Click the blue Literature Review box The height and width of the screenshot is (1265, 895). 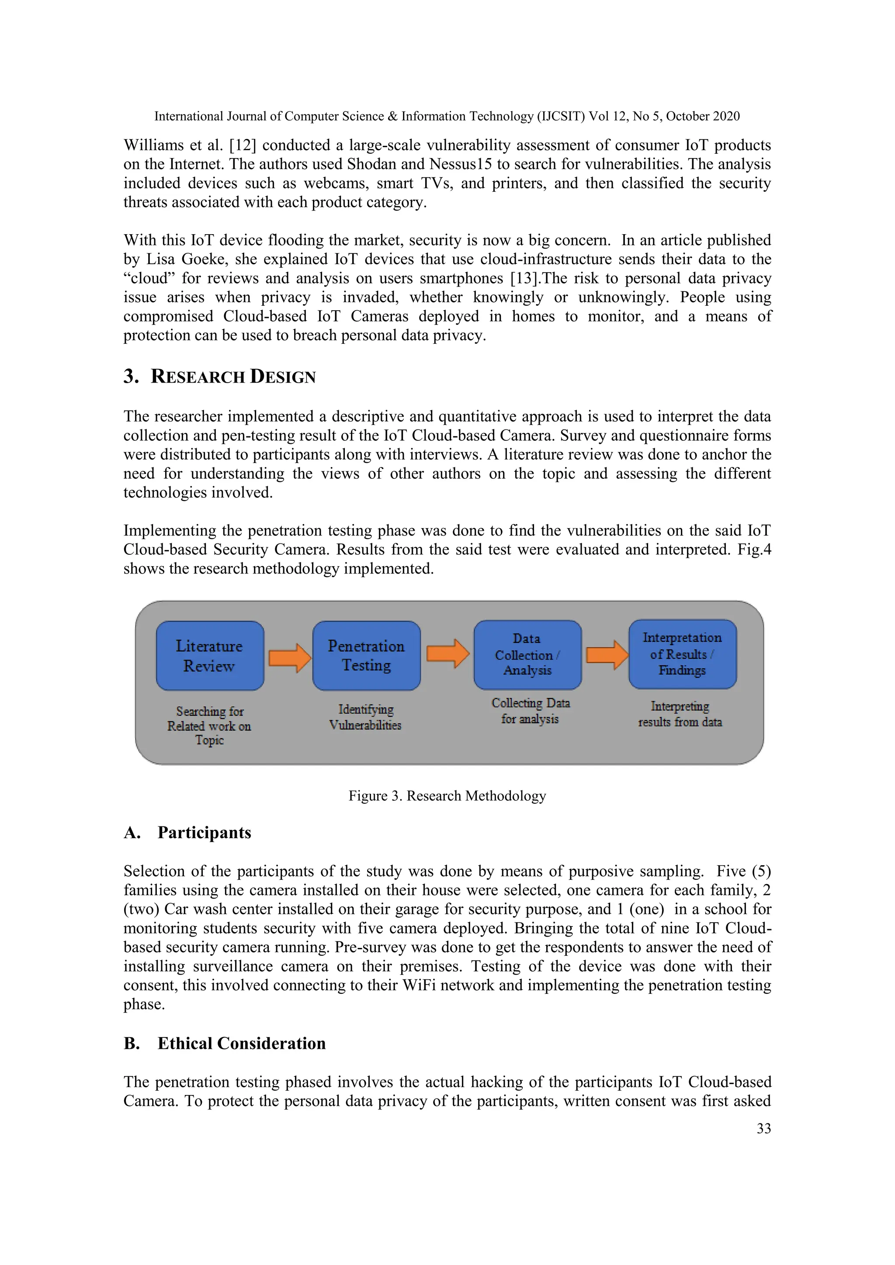(210, 656)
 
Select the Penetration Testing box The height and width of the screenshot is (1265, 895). (367, 656)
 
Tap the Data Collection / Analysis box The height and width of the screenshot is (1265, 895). (527, 654)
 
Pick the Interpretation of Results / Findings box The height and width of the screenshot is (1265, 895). (682, 654)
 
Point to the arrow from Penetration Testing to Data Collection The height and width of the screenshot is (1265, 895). (448, 653)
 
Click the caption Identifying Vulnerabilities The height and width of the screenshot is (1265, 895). (365, 717)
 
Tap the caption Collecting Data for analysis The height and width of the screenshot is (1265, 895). (530, 711)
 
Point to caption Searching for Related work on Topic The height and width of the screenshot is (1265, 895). (209, 726)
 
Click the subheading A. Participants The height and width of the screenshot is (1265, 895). (187, 833)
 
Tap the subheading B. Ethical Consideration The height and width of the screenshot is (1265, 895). (225, 1044)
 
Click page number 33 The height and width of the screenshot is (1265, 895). (763, 1129)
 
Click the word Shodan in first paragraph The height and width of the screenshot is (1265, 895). (368, 164)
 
